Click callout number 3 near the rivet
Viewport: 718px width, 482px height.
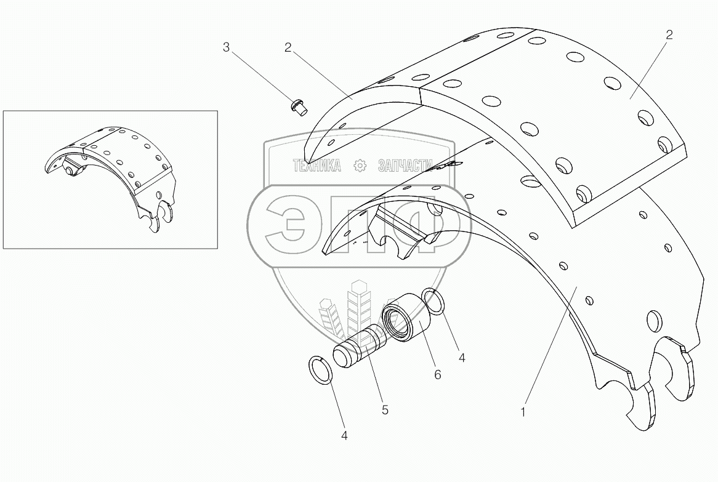pyautogui.click(x=226, y=47)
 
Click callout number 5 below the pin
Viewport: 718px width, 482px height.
pyautogui.click(x=385, y=409)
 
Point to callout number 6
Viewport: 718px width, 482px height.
pyautogui.click(x=438, y=374)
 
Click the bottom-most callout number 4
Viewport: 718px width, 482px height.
pyautogui.click(x=344, y=436)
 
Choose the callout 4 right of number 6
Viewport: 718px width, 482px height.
pyautogui.click(x=462, y=356)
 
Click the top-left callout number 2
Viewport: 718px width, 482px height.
pyautogui.click(x=288, y=47)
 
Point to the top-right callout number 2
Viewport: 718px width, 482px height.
pyautogui.click(x=669, y=35)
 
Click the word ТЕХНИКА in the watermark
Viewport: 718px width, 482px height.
pyautogui.click(x=317, y=166)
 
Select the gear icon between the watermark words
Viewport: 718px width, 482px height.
pyautogui.click(x=360, y=166)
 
